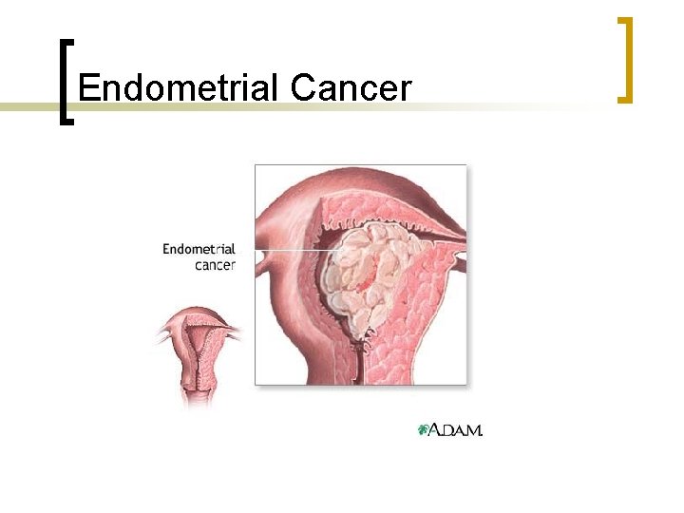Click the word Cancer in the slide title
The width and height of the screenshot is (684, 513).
[x=351, y=87]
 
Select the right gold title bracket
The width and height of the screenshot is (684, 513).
[x=625, y=59]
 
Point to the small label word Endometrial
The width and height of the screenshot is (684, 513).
[x=199, y=249]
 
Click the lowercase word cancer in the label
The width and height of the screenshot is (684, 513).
[x=215, y=265]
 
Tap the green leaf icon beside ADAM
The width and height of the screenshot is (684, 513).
[x=424, y=430]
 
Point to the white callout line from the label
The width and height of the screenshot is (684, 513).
[x=285, y=250]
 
